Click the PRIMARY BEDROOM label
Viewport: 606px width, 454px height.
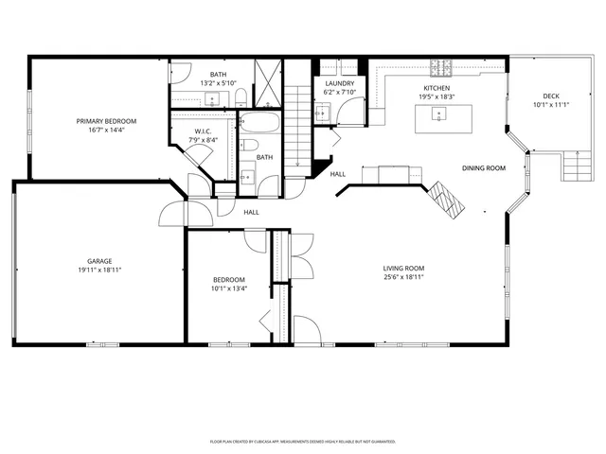106,122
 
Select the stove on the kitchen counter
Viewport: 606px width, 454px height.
441,68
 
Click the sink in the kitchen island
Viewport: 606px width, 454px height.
437,114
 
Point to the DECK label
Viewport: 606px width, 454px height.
550,96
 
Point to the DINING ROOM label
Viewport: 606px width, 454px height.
483,168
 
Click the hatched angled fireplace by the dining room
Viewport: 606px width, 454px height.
444,197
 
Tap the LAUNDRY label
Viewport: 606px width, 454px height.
339,83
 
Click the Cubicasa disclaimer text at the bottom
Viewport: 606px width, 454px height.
302,441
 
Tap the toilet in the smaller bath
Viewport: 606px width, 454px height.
247,146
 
